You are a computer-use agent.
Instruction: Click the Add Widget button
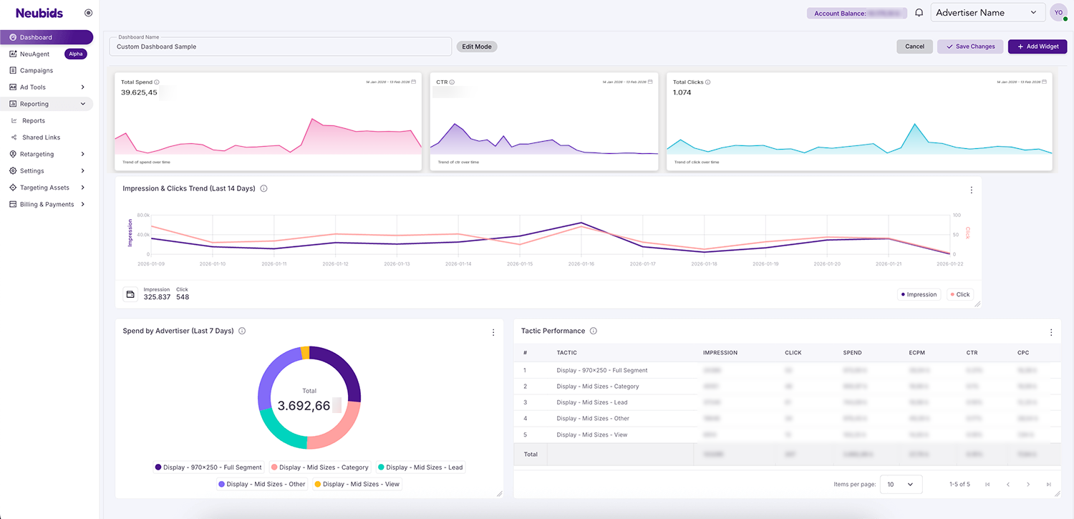coord(1037,47)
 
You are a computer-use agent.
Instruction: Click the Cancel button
coord(914,47)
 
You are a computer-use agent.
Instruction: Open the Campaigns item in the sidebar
coord(36,70)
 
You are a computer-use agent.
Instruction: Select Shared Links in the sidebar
coord(41,137)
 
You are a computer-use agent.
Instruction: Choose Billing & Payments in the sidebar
coord(47,204)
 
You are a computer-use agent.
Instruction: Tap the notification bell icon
coord(919,13)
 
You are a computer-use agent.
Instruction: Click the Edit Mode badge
coord(476,47)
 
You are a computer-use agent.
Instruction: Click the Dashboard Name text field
coord(280,47)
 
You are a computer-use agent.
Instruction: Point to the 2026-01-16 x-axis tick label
coord(581,264)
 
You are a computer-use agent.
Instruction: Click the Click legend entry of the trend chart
coord(959,294)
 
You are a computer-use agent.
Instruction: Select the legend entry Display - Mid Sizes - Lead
coord(420,467)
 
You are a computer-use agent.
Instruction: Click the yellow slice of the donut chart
coord(305,352)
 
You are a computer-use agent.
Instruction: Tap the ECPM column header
coord(919,353)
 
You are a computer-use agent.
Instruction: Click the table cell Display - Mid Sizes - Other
coord(592,418)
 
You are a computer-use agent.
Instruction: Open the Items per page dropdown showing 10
coord(900,485)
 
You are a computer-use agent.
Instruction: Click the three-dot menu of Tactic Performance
coord(1051,332)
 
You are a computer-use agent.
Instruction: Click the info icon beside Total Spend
coord(157,82)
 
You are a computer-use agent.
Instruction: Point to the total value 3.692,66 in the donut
coord(304,406)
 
